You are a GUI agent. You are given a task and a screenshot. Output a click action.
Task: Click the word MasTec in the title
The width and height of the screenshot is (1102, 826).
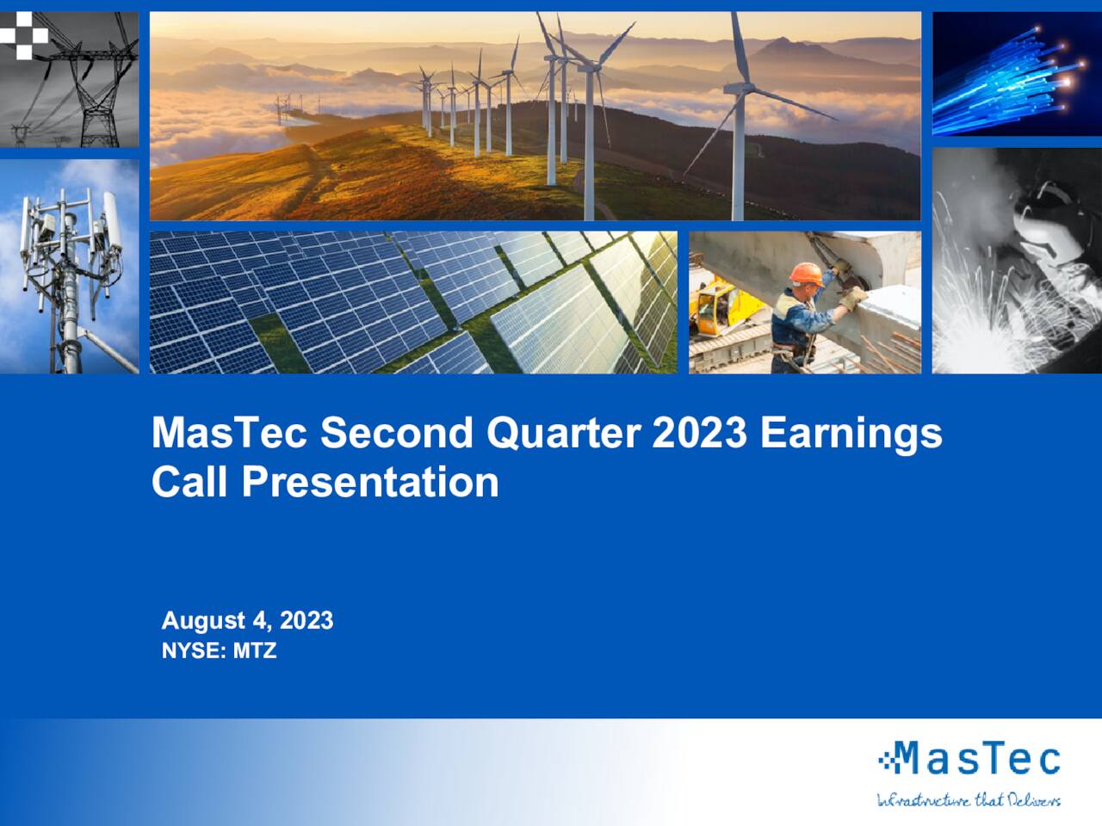228,433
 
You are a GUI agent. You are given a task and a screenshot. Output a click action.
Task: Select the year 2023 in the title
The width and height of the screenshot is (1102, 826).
698,433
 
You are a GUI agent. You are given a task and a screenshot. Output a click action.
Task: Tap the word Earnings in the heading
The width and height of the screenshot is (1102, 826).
851,433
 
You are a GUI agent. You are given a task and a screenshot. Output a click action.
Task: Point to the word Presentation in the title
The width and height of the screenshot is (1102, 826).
370,482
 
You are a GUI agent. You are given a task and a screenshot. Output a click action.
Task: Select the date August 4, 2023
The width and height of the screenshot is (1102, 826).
247,620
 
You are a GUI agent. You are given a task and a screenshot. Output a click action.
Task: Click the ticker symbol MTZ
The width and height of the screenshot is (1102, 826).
255,650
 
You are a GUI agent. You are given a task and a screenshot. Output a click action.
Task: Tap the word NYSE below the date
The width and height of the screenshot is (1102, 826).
193,650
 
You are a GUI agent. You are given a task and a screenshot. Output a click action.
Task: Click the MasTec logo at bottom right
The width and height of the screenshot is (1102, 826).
969,759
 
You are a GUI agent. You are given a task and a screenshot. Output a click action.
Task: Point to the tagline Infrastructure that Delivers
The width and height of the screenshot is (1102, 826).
969,800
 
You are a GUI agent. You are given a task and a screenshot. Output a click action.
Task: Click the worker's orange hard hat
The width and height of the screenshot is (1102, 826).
806,273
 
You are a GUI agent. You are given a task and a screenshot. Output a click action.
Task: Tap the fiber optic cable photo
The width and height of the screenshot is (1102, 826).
1017,73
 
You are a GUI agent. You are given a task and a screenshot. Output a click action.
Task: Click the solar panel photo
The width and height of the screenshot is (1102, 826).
413,302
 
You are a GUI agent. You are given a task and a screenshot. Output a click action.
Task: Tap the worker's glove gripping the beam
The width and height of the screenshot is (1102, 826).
853,298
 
